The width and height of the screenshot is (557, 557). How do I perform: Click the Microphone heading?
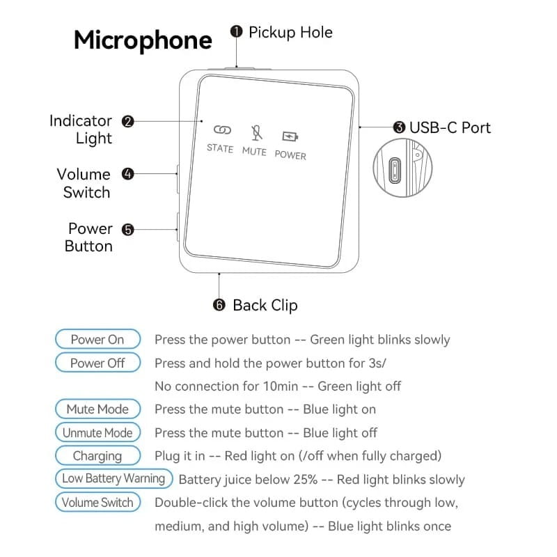[143, 40]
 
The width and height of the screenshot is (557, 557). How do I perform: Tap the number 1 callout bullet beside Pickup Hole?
[236, 32]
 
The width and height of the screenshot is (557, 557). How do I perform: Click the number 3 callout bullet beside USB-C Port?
[399, 127]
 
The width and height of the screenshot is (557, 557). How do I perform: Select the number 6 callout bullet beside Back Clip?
[219, 305]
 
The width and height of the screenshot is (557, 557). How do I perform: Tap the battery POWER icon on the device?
[289, 136]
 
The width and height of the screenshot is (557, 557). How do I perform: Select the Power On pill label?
[97, 340]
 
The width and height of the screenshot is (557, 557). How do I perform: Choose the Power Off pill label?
[97, 363]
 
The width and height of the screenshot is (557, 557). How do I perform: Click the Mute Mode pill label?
[97, 409]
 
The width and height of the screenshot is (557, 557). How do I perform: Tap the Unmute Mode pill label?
[97, 432]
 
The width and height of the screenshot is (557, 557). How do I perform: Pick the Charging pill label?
[97, 456]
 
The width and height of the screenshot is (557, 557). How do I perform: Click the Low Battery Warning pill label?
[113, 478]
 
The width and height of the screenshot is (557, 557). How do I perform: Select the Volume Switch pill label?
[97, 502]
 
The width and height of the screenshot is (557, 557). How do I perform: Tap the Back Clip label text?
[265, 305]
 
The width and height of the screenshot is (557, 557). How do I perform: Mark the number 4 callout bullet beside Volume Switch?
[127, 174]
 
